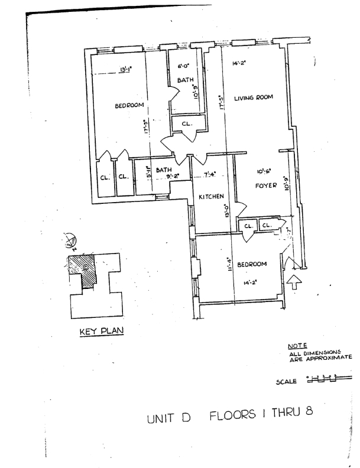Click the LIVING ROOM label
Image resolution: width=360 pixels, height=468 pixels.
click(253, 99)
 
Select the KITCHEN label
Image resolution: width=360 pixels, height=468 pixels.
click(209, 196)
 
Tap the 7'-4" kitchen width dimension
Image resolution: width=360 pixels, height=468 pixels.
click(210, 175)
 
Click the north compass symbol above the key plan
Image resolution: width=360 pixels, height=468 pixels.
click(72, 241)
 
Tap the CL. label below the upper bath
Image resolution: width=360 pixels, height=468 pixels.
click(186, 123)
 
